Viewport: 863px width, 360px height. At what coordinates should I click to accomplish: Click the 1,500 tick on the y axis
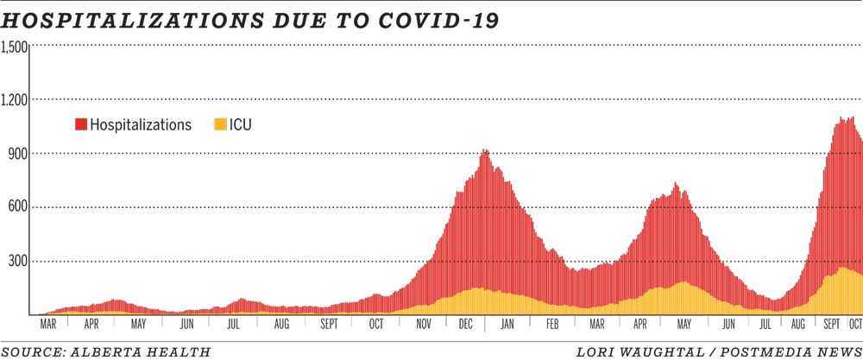(15, 47)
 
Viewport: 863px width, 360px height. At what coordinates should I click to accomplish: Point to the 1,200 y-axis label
(15, 100)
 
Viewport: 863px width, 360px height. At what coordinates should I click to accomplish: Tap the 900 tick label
(18, 154)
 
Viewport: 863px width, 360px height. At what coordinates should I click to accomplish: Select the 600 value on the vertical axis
(18, 207)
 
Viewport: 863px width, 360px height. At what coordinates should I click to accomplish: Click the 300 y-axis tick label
(18, 261)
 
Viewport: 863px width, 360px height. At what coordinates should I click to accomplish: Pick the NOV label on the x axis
(424, 325)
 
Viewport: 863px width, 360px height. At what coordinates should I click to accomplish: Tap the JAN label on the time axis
(507, 325)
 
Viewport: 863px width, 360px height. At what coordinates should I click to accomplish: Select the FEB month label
(552, 325)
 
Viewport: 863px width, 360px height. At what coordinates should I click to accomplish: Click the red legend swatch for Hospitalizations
(82, 124)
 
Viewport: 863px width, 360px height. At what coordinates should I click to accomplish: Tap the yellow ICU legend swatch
(220, 124)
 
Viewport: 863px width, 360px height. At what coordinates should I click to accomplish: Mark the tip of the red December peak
(485, 150)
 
